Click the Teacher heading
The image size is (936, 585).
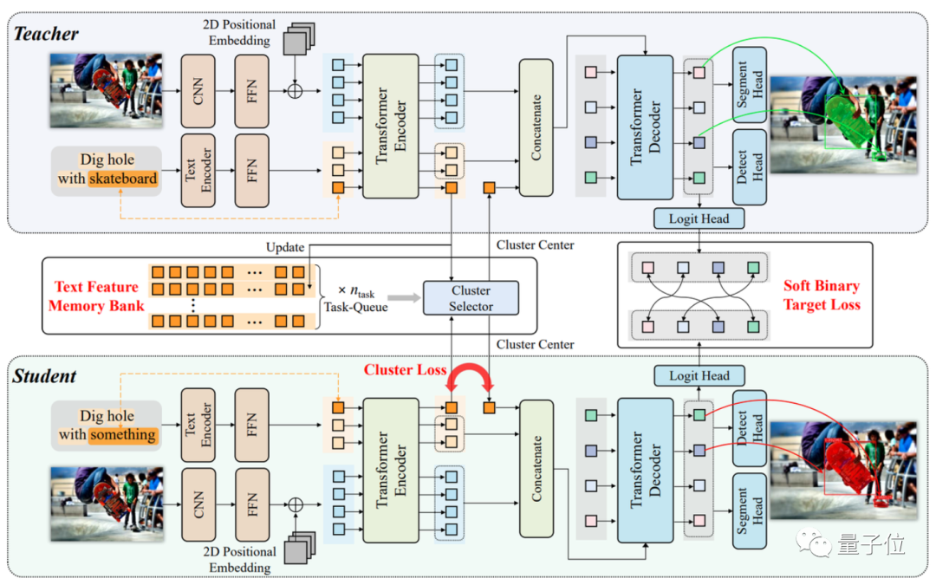point(45,34)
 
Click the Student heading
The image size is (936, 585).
point(44,376)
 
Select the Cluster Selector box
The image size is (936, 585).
point(471,298)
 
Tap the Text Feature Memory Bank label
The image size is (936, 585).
point(95,296)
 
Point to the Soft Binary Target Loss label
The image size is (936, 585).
point(822,295)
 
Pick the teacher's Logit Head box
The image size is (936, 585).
point(699,218)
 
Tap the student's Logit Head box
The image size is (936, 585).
point(699,375)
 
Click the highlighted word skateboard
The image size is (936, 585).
point(122,179)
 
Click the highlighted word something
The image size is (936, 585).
point(123,435)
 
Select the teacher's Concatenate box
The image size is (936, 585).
point(536,127)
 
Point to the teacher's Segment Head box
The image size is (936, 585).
point(750,84)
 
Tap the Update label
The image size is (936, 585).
point(285,247)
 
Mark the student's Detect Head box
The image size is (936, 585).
point(750,427)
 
